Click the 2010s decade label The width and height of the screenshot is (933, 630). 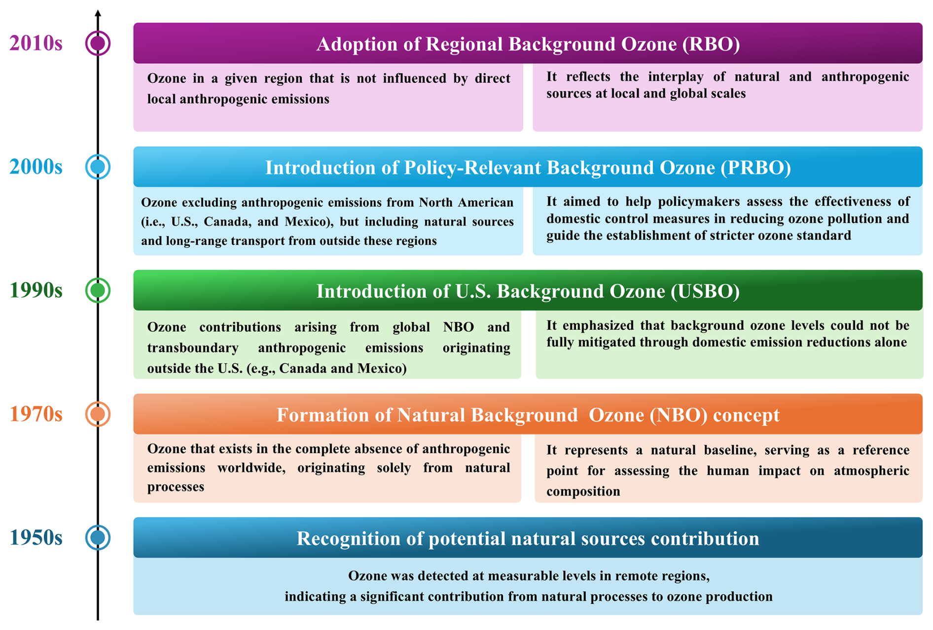(x=36, y=43)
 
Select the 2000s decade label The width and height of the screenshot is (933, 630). (x=36, y=167)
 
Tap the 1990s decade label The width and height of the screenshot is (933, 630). (x=36, y=290)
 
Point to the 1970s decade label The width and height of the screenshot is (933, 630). (x=36, y=414)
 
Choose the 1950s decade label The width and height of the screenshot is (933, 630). (x=36, y=537)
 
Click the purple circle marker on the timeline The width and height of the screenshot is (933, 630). (x=98, y=43)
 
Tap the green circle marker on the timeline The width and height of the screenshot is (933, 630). (x=98, y=290)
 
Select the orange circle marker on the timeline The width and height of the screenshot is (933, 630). (x=98, y=414)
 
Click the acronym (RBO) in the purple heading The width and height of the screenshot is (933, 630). (x=711, y=44)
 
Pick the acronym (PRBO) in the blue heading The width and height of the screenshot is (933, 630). (x=755, y=168)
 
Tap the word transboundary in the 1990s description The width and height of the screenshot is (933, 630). (x=193, y=348)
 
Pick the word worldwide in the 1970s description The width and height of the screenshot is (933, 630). (x=251, y=468)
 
